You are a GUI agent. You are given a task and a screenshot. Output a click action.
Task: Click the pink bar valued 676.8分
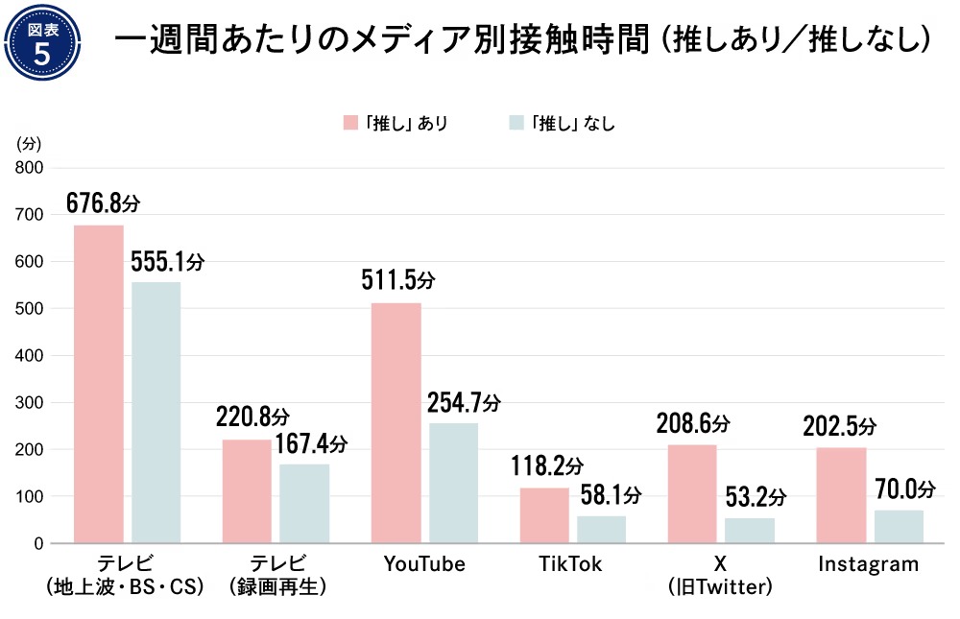point(99,384)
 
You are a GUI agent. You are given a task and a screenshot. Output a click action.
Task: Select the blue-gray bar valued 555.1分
point(156,413)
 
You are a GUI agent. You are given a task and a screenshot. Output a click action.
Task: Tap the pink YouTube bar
point(396,422)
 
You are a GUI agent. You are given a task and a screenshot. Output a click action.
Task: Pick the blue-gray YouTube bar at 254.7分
point(453,483)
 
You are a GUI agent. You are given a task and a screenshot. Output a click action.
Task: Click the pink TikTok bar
point(544,515)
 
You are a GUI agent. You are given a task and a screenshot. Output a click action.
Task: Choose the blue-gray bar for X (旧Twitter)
point(750,531)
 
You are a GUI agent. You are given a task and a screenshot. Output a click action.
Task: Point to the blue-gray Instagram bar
point(899,527)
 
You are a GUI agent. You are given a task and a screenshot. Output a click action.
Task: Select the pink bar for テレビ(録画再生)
point(247,491)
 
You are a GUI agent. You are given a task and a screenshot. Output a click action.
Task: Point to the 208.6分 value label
point(693,422)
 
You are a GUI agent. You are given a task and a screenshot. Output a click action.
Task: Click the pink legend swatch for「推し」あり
point(352,123)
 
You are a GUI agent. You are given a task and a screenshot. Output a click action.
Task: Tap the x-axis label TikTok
point(572,564)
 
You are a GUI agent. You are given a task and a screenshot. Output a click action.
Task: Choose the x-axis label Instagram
point(868,564)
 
